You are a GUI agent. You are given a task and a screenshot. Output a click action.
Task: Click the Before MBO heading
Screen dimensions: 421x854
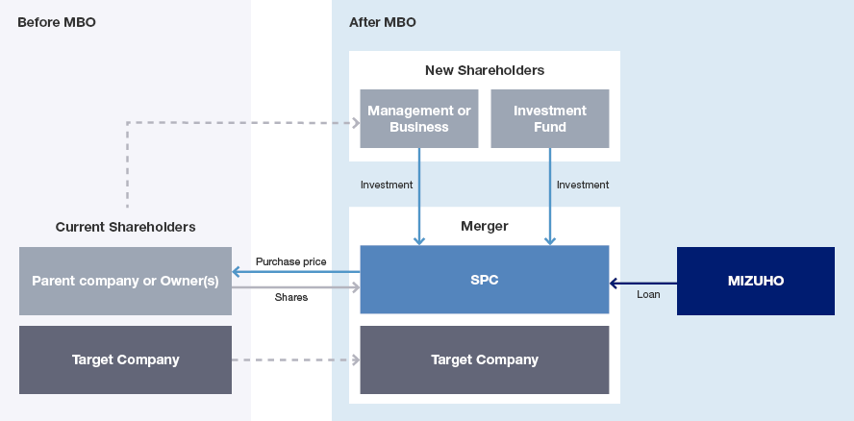coord(57,22)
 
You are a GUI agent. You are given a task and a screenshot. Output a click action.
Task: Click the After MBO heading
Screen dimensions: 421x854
coord(383,22)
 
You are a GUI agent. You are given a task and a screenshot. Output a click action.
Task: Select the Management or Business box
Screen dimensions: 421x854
coord(418,118)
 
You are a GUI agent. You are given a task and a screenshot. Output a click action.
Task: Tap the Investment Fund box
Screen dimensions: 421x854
coord(549,118)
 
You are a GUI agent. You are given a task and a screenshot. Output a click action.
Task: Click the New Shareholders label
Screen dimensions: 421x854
coord(484,70)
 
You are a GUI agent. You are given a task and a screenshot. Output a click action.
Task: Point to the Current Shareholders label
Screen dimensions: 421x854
coord(125,227)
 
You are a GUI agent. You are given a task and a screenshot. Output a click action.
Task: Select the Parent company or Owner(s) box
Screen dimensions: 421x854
coord(125,281)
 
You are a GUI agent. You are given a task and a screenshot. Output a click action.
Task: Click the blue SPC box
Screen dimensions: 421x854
coord(484,280)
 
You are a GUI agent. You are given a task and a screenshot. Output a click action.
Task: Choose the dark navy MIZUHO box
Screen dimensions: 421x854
coord(755,281)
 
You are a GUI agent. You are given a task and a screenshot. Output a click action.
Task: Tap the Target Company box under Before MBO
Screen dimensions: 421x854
coord(125,359)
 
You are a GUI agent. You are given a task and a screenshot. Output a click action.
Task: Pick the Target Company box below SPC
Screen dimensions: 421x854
coord(484,359)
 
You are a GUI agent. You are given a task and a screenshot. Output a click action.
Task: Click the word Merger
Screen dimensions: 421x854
coord(484,226)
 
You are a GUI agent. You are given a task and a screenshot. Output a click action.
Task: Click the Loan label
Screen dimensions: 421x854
coord(648,294)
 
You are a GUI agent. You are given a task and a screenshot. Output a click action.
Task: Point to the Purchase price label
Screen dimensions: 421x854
coord(290,261)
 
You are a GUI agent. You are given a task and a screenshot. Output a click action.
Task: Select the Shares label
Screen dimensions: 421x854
coord(290,298)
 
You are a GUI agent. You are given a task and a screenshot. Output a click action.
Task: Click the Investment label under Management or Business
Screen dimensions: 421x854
coord(387,185)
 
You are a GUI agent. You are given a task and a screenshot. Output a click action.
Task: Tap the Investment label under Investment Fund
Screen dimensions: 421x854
coord(583,185)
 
